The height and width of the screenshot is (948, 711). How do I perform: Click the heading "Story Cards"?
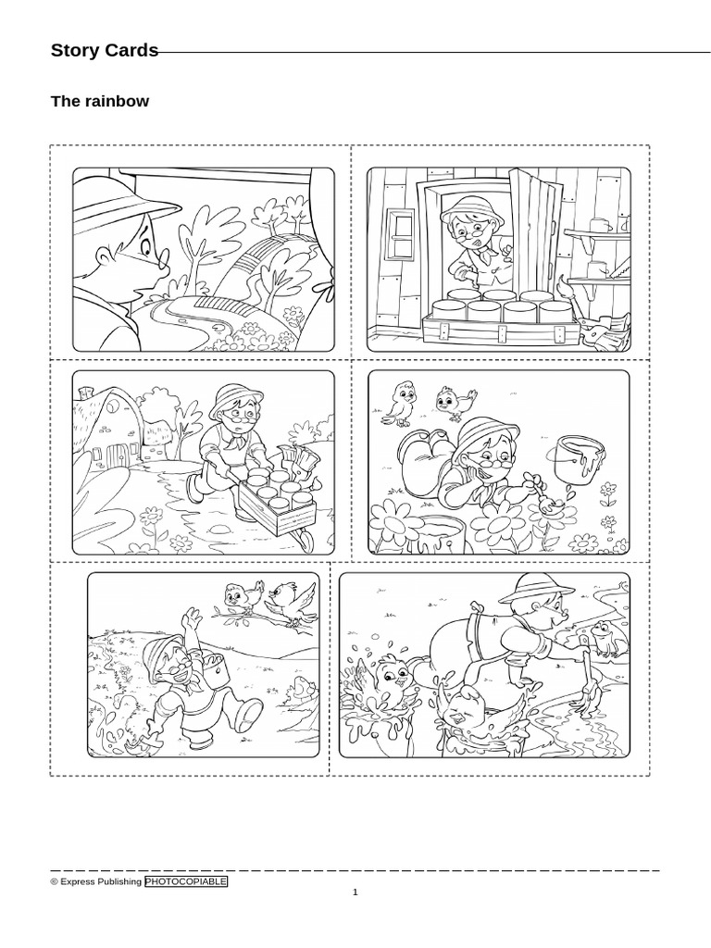coord(105,51)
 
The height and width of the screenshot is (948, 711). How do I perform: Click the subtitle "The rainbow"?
coord(99,102)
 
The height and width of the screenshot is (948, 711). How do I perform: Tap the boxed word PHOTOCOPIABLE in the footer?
coord(185,882)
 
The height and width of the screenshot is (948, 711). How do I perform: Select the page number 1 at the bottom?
coord(355,892)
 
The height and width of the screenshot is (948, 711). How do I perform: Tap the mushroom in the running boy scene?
coord(301,688)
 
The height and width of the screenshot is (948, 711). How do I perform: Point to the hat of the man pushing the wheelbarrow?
coord(229,397)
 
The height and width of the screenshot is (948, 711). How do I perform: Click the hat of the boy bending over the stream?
coord(527,586)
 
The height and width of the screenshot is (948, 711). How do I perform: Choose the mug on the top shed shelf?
coord(599,224)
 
